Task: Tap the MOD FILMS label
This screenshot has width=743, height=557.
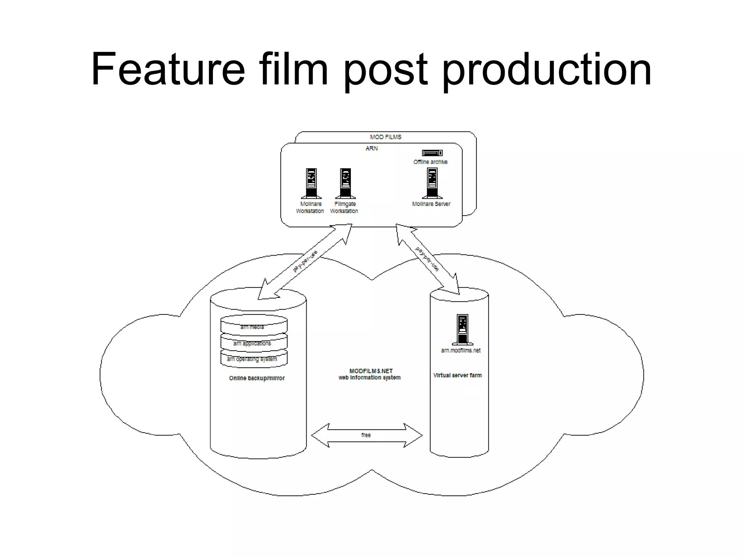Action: point(385,137)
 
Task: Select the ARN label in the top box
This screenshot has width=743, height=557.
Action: point(371,148)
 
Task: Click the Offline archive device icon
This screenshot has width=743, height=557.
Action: point(432,153)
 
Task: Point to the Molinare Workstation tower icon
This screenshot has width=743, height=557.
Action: point(311,183)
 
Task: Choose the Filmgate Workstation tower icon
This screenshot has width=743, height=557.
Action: point(345,183)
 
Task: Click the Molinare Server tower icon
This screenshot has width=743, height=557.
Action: point(432,183)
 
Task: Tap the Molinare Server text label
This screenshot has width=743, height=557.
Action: point(431,204)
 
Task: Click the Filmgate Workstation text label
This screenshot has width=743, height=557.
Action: point(344,207)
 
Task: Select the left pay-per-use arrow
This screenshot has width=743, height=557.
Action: point(305,262)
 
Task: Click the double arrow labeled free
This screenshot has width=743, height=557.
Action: point(366,435)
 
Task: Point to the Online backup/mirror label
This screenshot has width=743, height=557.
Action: point(257,378)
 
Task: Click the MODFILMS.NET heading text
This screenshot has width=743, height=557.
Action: point(371,371)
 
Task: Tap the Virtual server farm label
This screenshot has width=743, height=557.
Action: point(457,375)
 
